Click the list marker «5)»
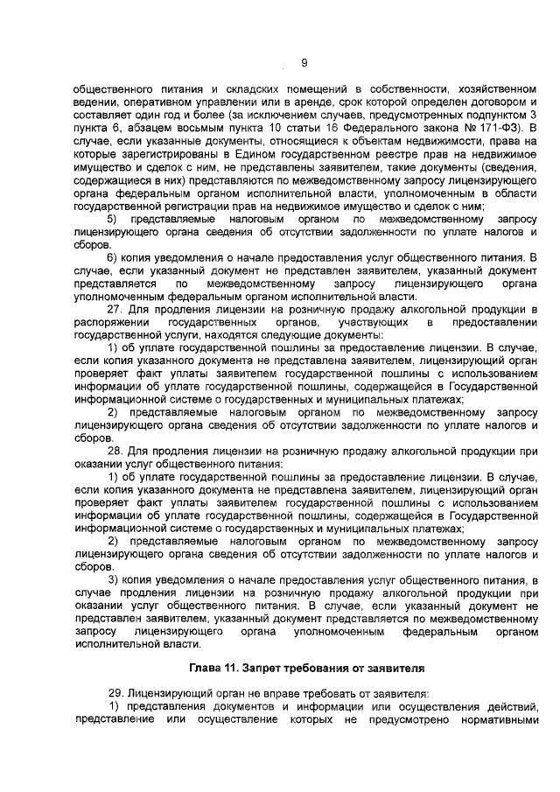tap(112, 218)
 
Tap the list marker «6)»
tap(112, 257)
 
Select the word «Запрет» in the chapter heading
tap(284, 663)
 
